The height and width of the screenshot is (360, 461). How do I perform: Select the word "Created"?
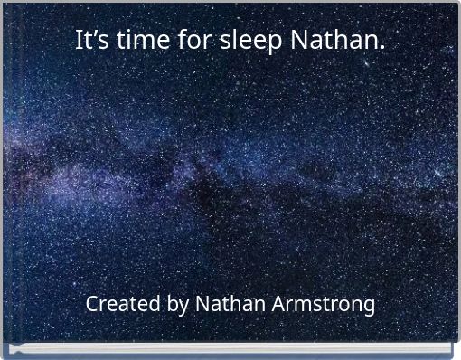click(x=124, y=304)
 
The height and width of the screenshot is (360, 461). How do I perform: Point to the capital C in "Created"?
click(x=92, y=304)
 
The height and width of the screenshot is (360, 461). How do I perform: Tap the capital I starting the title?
click(x=79, y=41)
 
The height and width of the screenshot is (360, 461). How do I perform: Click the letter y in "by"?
click(x=183, y=308)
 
